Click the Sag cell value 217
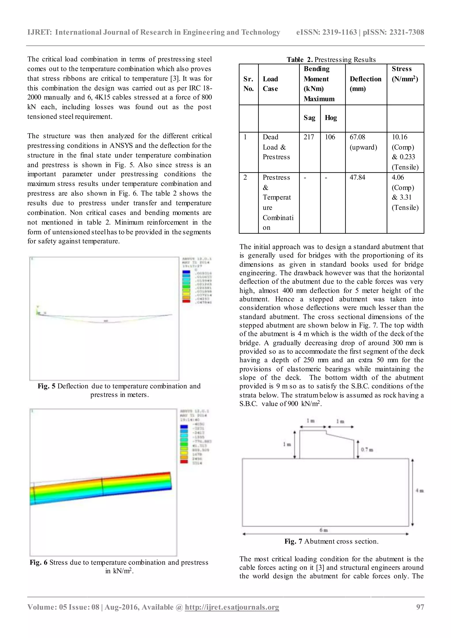click(309, 137)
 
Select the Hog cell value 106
click(330, 137)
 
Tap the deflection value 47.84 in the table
click(357, 177)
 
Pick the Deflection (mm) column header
click(366, 84)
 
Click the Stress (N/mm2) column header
click(405, 74)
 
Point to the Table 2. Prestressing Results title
click(331, 60)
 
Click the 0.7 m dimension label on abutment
click(367, 449)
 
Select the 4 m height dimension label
click(419, 491)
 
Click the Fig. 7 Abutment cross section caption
click(331, 541)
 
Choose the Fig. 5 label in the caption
click(46, 386)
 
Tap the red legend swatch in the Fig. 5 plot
click(186, 301)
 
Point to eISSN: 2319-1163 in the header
click(327, 32)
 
